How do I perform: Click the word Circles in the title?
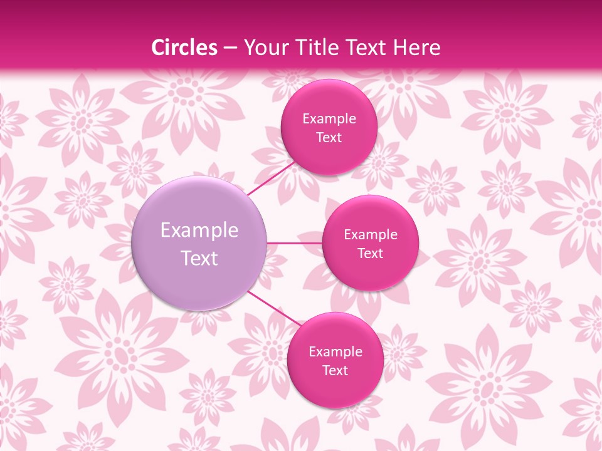[x=184, y=48]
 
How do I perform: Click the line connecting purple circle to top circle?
[x=271, y=179]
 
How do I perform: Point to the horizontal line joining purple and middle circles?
[x=295, y=242]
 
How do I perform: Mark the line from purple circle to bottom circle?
[x=273, y=307]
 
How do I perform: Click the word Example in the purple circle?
[x=199, y=231]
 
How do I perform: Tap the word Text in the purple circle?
[x=199, y=258]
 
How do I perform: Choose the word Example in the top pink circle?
[x=329, y=119]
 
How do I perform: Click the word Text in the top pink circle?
[x=329, y=138]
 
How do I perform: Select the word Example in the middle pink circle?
[x=371, y=235]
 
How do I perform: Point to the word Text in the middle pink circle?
[x=371, y=254]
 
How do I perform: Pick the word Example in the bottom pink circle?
[x=335, y=352]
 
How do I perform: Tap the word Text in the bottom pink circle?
[x=335, y=371]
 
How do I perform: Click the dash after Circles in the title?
[x=230, y=48]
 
